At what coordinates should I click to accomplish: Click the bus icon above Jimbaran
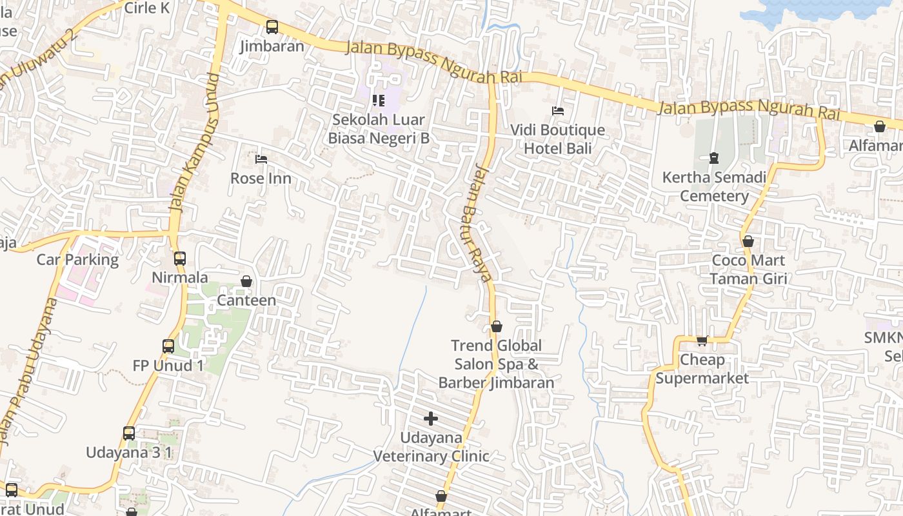coord(272,27)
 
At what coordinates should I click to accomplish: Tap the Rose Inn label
coord(261,178)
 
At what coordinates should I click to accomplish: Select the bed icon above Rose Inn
coord(261,159)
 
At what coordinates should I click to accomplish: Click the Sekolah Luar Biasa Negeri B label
coord(379,129)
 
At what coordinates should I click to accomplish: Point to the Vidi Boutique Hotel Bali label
coord(557,139)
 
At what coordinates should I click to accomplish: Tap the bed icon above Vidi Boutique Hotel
coord(558,111)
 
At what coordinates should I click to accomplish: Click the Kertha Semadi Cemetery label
coord(714,186)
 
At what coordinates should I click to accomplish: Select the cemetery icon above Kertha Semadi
coord(714,158)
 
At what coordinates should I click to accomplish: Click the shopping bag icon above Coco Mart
coord(748,242)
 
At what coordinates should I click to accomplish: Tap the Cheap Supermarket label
coord(702,369)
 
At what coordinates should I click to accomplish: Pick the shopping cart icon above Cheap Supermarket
coord(702,341)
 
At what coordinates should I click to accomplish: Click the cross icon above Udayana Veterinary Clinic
coord(431,419)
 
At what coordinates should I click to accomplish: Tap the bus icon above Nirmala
coord(180,259)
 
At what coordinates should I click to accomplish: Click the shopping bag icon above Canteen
coord(246,282)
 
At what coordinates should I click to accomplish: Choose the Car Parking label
coord(77,260)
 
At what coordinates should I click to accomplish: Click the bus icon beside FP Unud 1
coord(168,346)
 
